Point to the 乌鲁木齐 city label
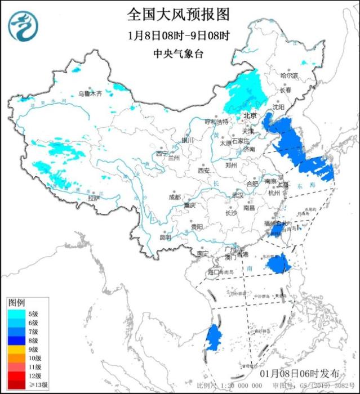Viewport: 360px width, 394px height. point(90,93)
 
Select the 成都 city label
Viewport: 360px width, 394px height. point(175,197)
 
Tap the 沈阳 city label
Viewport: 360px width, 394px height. point(278,106)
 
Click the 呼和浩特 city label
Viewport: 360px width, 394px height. point(216,122)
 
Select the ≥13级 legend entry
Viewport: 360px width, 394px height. point(23,384)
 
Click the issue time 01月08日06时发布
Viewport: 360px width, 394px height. point(300,374)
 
